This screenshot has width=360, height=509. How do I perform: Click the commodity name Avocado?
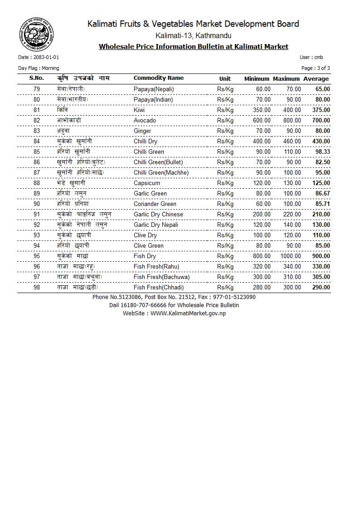[145, 121]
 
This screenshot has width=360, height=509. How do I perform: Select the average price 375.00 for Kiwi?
[321, 110]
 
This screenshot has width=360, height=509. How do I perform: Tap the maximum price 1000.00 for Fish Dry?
[290, 256]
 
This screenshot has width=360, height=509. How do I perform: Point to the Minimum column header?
[257, 79]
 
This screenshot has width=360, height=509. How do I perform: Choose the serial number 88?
[37, 183]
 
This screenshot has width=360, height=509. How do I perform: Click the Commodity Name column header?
[158, 78]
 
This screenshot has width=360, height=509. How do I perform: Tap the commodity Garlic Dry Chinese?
[158, 215]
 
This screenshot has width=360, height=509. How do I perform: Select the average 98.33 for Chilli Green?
[322, 152]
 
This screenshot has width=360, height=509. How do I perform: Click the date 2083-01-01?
[46, 58]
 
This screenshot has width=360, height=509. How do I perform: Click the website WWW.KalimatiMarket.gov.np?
[188, 313]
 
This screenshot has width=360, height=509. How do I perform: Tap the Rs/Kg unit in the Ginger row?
[225, 131]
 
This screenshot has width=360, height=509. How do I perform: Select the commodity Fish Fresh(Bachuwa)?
[161, 277]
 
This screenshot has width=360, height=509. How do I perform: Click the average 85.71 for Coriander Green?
[322, 204]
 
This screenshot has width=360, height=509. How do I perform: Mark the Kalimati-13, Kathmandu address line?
[193, 35]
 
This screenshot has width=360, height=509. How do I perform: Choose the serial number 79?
[37, 89]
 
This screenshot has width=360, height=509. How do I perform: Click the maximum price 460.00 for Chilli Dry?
[292, 142]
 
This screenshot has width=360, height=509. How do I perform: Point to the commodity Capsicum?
[147, 183]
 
